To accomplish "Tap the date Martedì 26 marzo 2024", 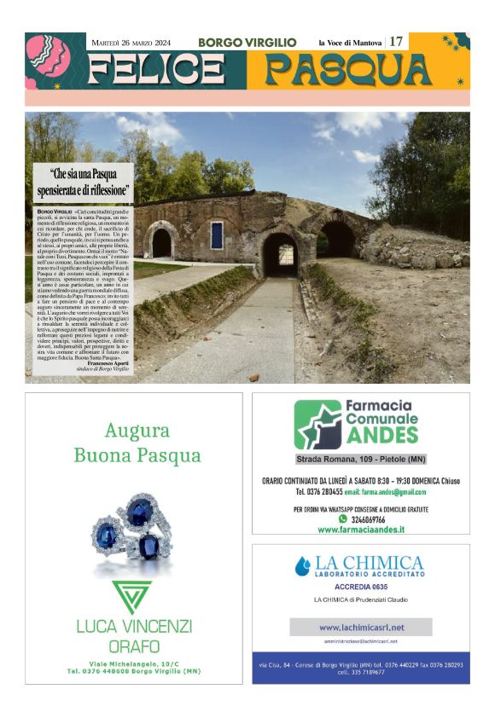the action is (131, 42).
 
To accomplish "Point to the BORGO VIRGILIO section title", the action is (247, 42).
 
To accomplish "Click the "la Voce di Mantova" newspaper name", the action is (350, 42).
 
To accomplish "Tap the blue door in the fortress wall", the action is (217, 235).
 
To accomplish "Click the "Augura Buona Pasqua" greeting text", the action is (137, 443).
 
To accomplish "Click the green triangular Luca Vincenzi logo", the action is (132, 596).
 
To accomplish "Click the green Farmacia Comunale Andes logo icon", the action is (317, 424).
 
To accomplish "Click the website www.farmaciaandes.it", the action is (361, 530).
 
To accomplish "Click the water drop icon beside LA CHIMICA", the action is (303, 565).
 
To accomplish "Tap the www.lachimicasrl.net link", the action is (361, 628).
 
